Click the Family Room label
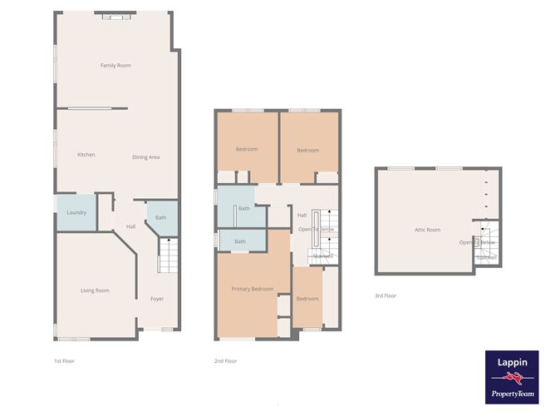pyautogui.click(x=115, y=65)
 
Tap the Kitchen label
pyautogui.click(x=86, y=155)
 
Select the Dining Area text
pyautogui.click(x=145, y=156)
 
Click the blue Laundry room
pyautogui.click(x=76, y=212)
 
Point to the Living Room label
pyautogui.click(x=95, y=290)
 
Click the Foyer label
pyautogui.click(x=157, y=299)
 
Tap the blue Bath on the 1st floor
pyautogui.click(x=161, y=217)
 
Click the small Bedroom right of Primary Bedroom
pyautogui.click(x=307, y=299)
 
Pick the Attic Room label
pyautogui.click(x=427, y=230)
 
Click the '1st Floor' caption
pyautogui.click(x=64, y=361)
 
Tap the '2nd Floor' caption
pyautogui.click(x=226, y=361)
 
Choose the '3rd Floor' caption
pyautogui.click(x=386, y=295)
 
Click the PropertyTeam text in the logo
pyautogui.click(x=511, y=393)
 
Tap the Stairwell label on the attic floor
pyautogui.click(x=486, y=258)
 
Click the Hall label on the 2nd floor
pyautogui.click(x=302, y=215)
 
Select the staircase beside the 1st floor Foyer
pyautogui.click(x=168, y=255)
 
